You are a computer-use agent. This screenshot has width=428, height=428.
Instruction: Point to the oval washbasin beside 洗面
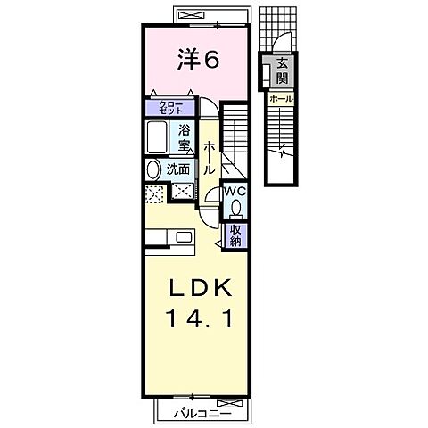pyautogui.click(x=152, y=169)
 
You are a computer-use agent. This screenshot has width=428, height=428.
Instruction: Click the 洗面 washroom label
pyautogui.click(x=177, y=169)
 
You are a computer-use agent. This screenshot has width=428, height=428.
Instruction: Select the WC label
pyautogui.click(x=235, y=191)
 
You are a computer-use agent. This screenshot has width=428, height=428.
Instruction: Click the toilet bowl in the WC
pyautogui.click(x=235, y=209)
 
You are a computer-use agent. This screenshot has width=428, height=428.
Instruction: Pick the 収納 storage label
pyautogui.click(x=236, y=235)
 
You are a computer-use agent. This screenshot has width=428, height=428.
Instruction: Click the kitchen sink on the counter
pyautogui.click(x=184, y=237)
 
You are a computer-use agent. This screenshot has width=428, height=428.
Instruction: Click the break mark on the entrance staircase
pyautogui.click(x=284, y=152)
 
